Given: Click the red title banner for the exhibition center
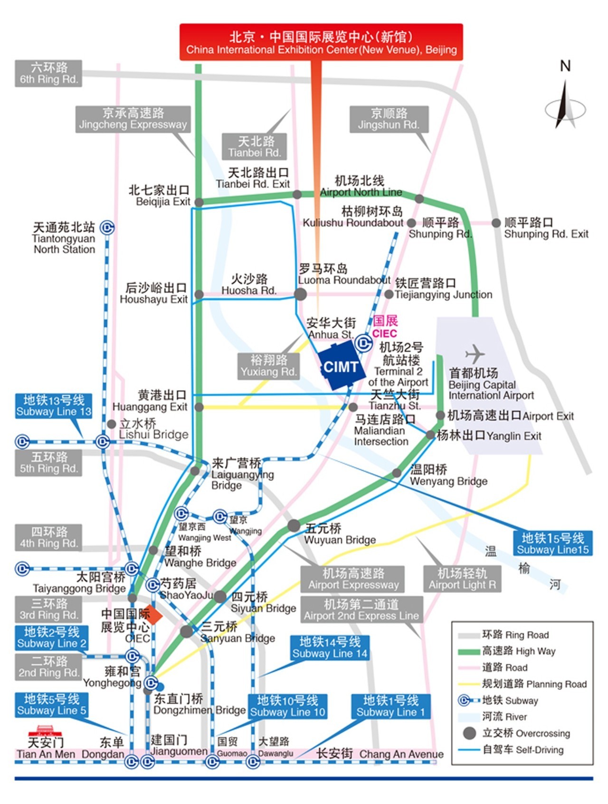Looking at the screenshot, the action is [x=321, y=42].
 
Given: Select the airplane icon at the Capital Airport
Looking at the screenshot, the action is [x=475, y=354].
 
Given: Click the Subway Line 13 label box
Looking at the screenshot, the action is [x=54, y=405].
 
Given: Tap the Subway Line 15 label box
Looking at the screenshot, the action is [x=552, y=543].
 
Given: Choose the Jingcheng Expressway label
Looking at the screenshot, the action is [x=133, y=119].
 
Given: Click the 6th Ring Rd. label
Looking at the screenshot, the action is [x=48, y=73].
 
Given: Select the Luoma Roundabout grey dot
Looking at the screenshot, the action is [x=300, y=294].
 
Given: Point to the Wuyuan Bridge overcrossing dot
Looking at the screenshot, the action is [x=294, y=526].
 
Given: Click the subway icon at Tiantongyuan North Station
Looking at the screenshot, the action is [x=108, y=228].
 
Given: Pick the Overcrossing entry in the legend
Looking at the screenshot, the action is [x=517, y=733].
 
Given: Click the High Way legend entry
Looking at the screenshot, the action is [x=507, y=651].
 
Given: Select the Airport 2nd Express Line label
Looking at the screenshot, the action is [x=361, y=610].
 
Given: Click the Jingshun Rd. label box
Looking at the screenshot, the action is [x=389, y=119].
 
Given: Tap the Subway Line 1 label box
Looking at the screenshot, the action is [x=391, y=706].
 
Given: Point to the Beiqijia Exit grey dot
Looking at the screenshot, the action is [x=199, y=202].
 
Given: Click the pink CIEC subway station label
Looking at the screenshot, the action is [x=385, y=327].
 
